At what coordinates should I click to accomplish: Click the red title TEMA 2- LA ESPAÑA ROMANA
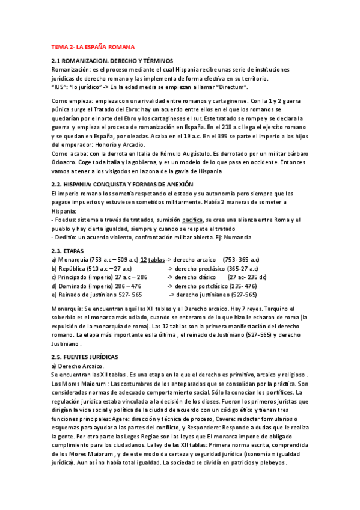click(x=93, y=46)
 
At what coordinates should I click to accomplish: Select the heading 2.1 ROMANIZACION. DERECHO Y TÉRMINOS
click(x=112, y=61)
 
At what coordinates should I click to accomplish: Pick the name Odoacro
click(x=66, y=162)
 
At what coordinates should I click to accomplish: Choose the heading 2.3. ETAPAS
click(x=67, y=250)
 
